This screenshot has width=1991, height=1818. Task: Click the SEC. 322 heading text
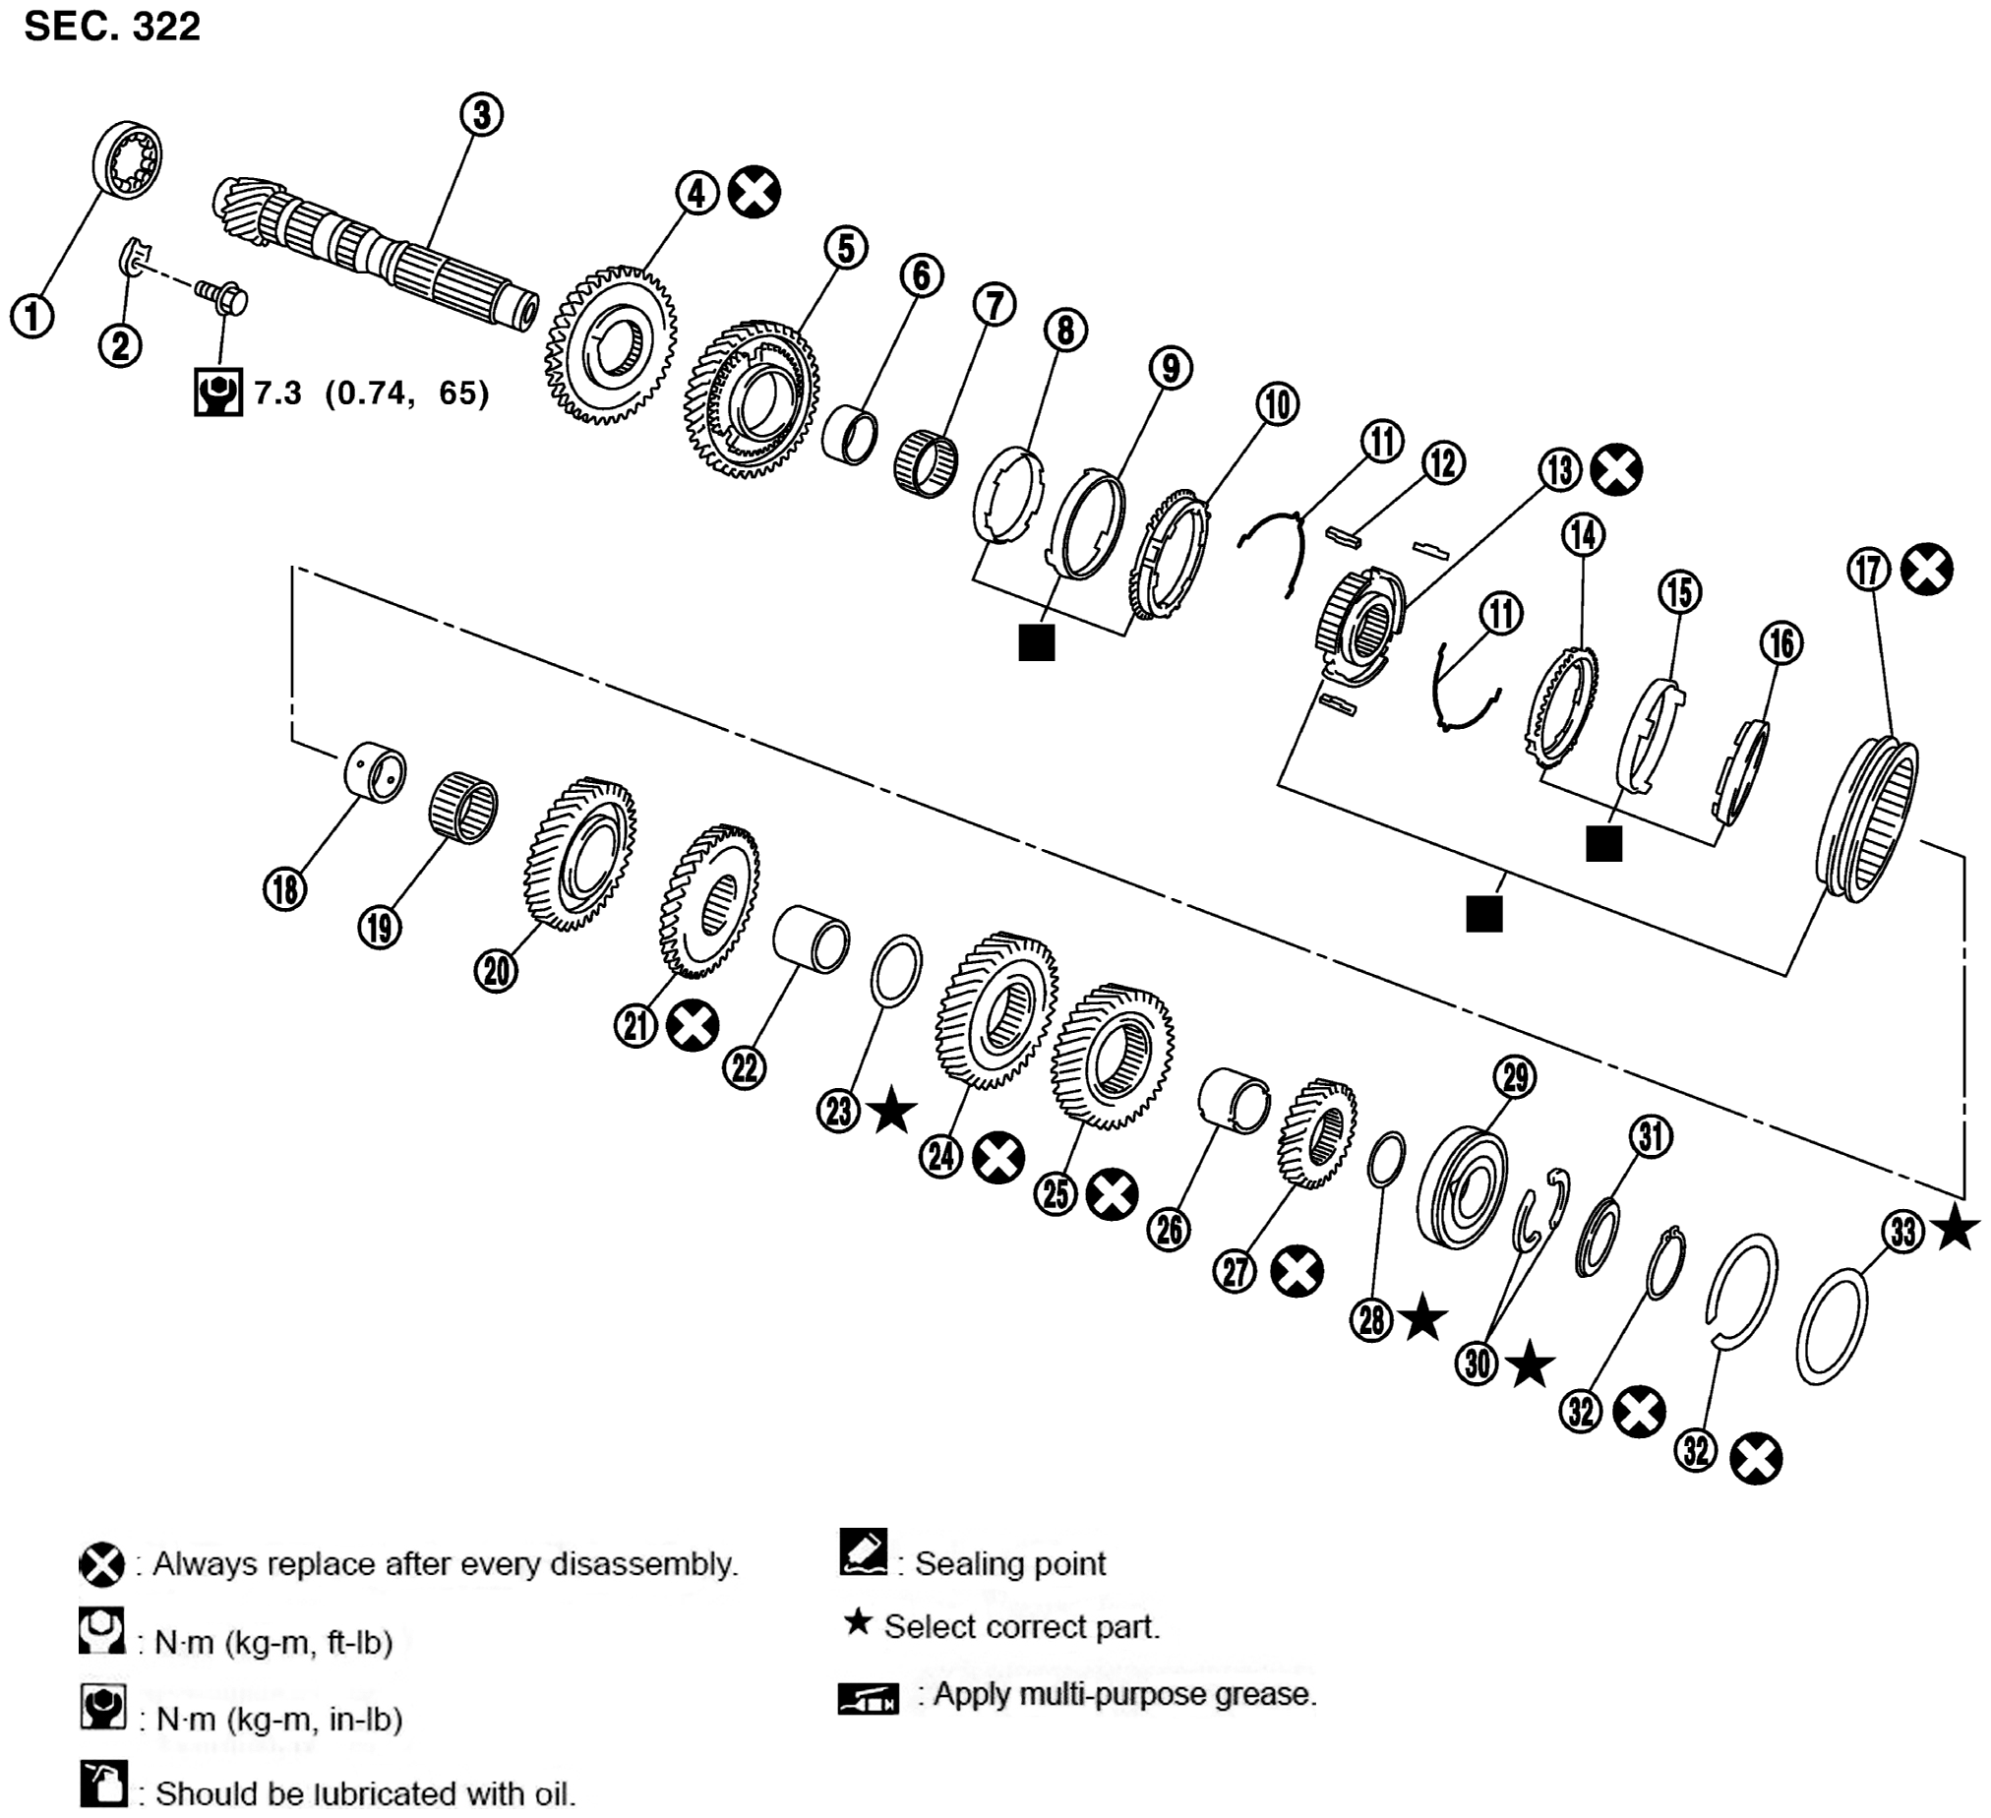pyautogui.click(x=111, y=27)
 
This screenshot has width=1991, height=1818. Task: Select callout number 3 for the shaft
pyautogui.click(x=481, y=114)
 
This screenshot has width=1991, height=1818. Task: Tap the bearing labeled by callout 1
pyautogui.click(x=128, y=161)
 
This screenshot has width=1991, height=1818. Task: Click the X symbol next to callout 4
pyautogui.click(x=754, y=192)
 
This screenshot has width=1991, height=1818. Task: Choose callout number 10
pyautogui.click(x=1277, y=404)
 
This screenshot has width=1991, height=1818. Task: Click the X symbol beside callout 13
pyautogui.click(x=1616, y=469)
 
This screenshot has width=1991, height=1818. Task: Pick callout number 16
pyautogui.click(x=1781, y=643)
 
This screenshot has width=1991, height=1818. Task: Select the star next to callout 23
pyautogui.click(x=892, y=1111)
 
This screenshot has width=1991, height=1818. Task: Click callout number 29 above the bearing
pyautogui.click(x=1515, y=1076)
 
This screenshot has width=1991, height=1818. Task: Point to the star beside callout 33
pyautogui.click(x=1955, y=1231)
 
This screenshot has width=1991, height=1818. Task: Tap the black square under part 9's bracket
pyautogui.click(x=1036, y=642)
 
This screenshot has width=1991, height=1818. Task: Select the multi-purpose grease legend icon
pyautogui.click(x=868, y=1700)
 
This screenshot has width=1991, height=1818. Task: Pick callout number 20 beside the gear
pyautogui.click(x=496, y=971)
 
